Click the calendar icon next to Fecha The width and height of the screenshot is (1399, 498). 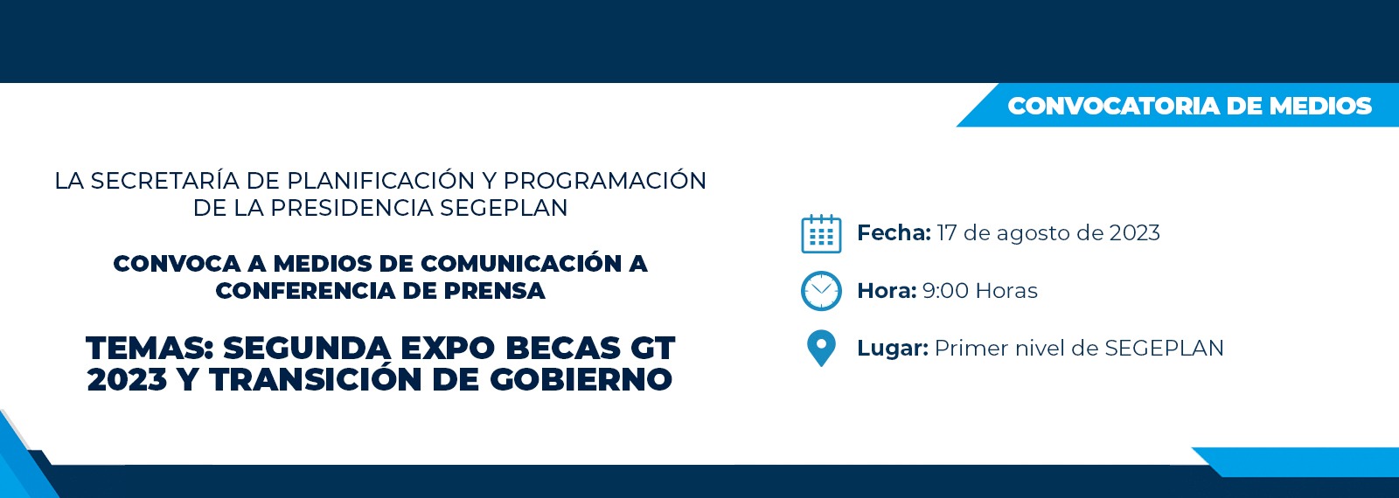tap(821, 233)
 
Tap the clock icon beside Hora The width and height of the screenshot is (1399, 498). tap(821, 291)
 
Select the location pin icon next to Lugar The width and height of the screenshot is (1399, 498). tap(821, 349)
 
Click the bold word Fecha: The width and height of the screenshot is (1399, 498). tap(894, 232)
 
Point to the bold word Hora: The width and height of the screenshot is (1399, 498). tap(887, 291)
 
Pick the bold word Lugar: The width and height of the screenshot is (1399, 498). tap(893, 349)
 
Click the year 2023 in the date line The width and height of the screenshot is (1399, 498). tap(1134, 232)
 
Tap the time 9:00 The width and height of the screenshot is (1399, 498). tap(945, 291)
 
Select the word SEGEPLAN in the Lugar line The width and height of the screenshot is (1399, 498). tap(1164, 349)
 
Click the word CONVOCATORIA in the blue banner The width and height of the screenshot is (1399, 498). tap(1114, 106)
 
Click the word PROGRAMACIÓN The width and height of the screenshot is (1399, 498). tap(604, 180)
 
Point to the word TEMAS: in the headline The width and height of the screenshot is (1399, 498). tap(150, 348)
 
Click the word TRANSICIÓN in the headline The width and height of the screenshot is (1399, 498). tap(316, 379)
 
